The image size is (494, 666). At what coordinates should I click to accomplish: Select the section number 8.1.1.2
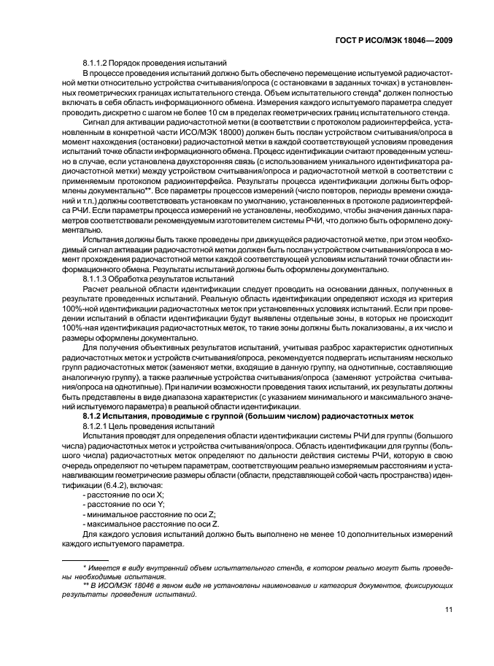[99, 64]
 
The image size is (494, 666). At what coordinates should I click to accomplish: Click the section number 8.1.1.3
[99, 279]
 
